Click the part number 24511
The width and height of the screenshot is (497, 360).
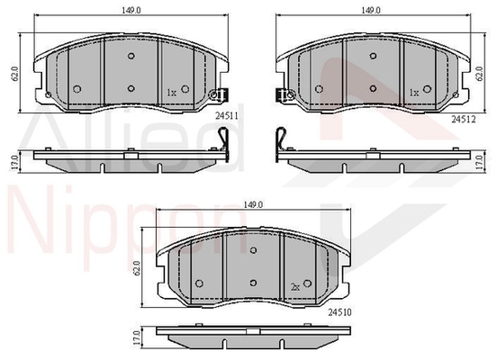click(227, 116)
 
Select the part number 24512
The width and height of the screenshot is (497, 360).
click(464, 119)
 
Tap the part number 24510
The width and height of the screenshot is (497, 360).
click(339, 312)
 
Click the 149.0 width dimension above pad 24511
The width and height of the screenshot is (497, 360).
click(131, 10)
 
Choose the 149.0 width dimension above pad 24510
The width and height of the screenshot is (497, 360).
click(253, 205)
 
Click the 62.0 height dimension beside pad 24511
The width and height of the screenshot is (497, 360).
click(16, 74)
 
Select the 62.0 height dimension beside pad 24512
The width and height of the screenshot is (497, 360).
click(480, 74)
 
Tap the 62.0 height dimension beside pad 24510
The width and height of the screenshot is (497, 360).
click(137, 268)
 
